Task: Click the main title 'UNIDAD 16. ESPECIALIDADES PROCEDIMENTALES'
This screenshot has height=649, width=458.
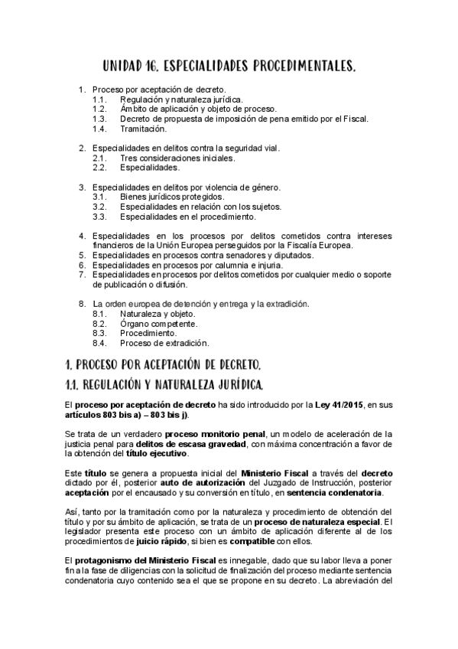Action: [x=229, y=68]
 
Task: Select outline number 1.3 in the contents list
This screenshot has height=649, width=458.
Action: [x=99, y=119]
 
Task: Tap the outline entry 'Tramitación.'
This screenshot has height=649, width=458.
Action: [x=143, y=129]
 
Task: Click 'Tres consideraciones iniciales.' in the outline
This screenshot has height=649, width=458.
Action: [x=177, y=158]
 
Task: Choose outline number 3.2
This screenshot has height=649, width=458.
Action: [x=99, y=207]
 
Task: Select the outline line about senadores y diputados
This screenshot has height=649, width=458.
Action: [x=199, y=255]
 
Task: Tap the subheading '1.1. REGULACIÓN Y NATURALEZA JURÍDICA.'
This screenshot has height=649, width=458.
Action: [x=165, y=383]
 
